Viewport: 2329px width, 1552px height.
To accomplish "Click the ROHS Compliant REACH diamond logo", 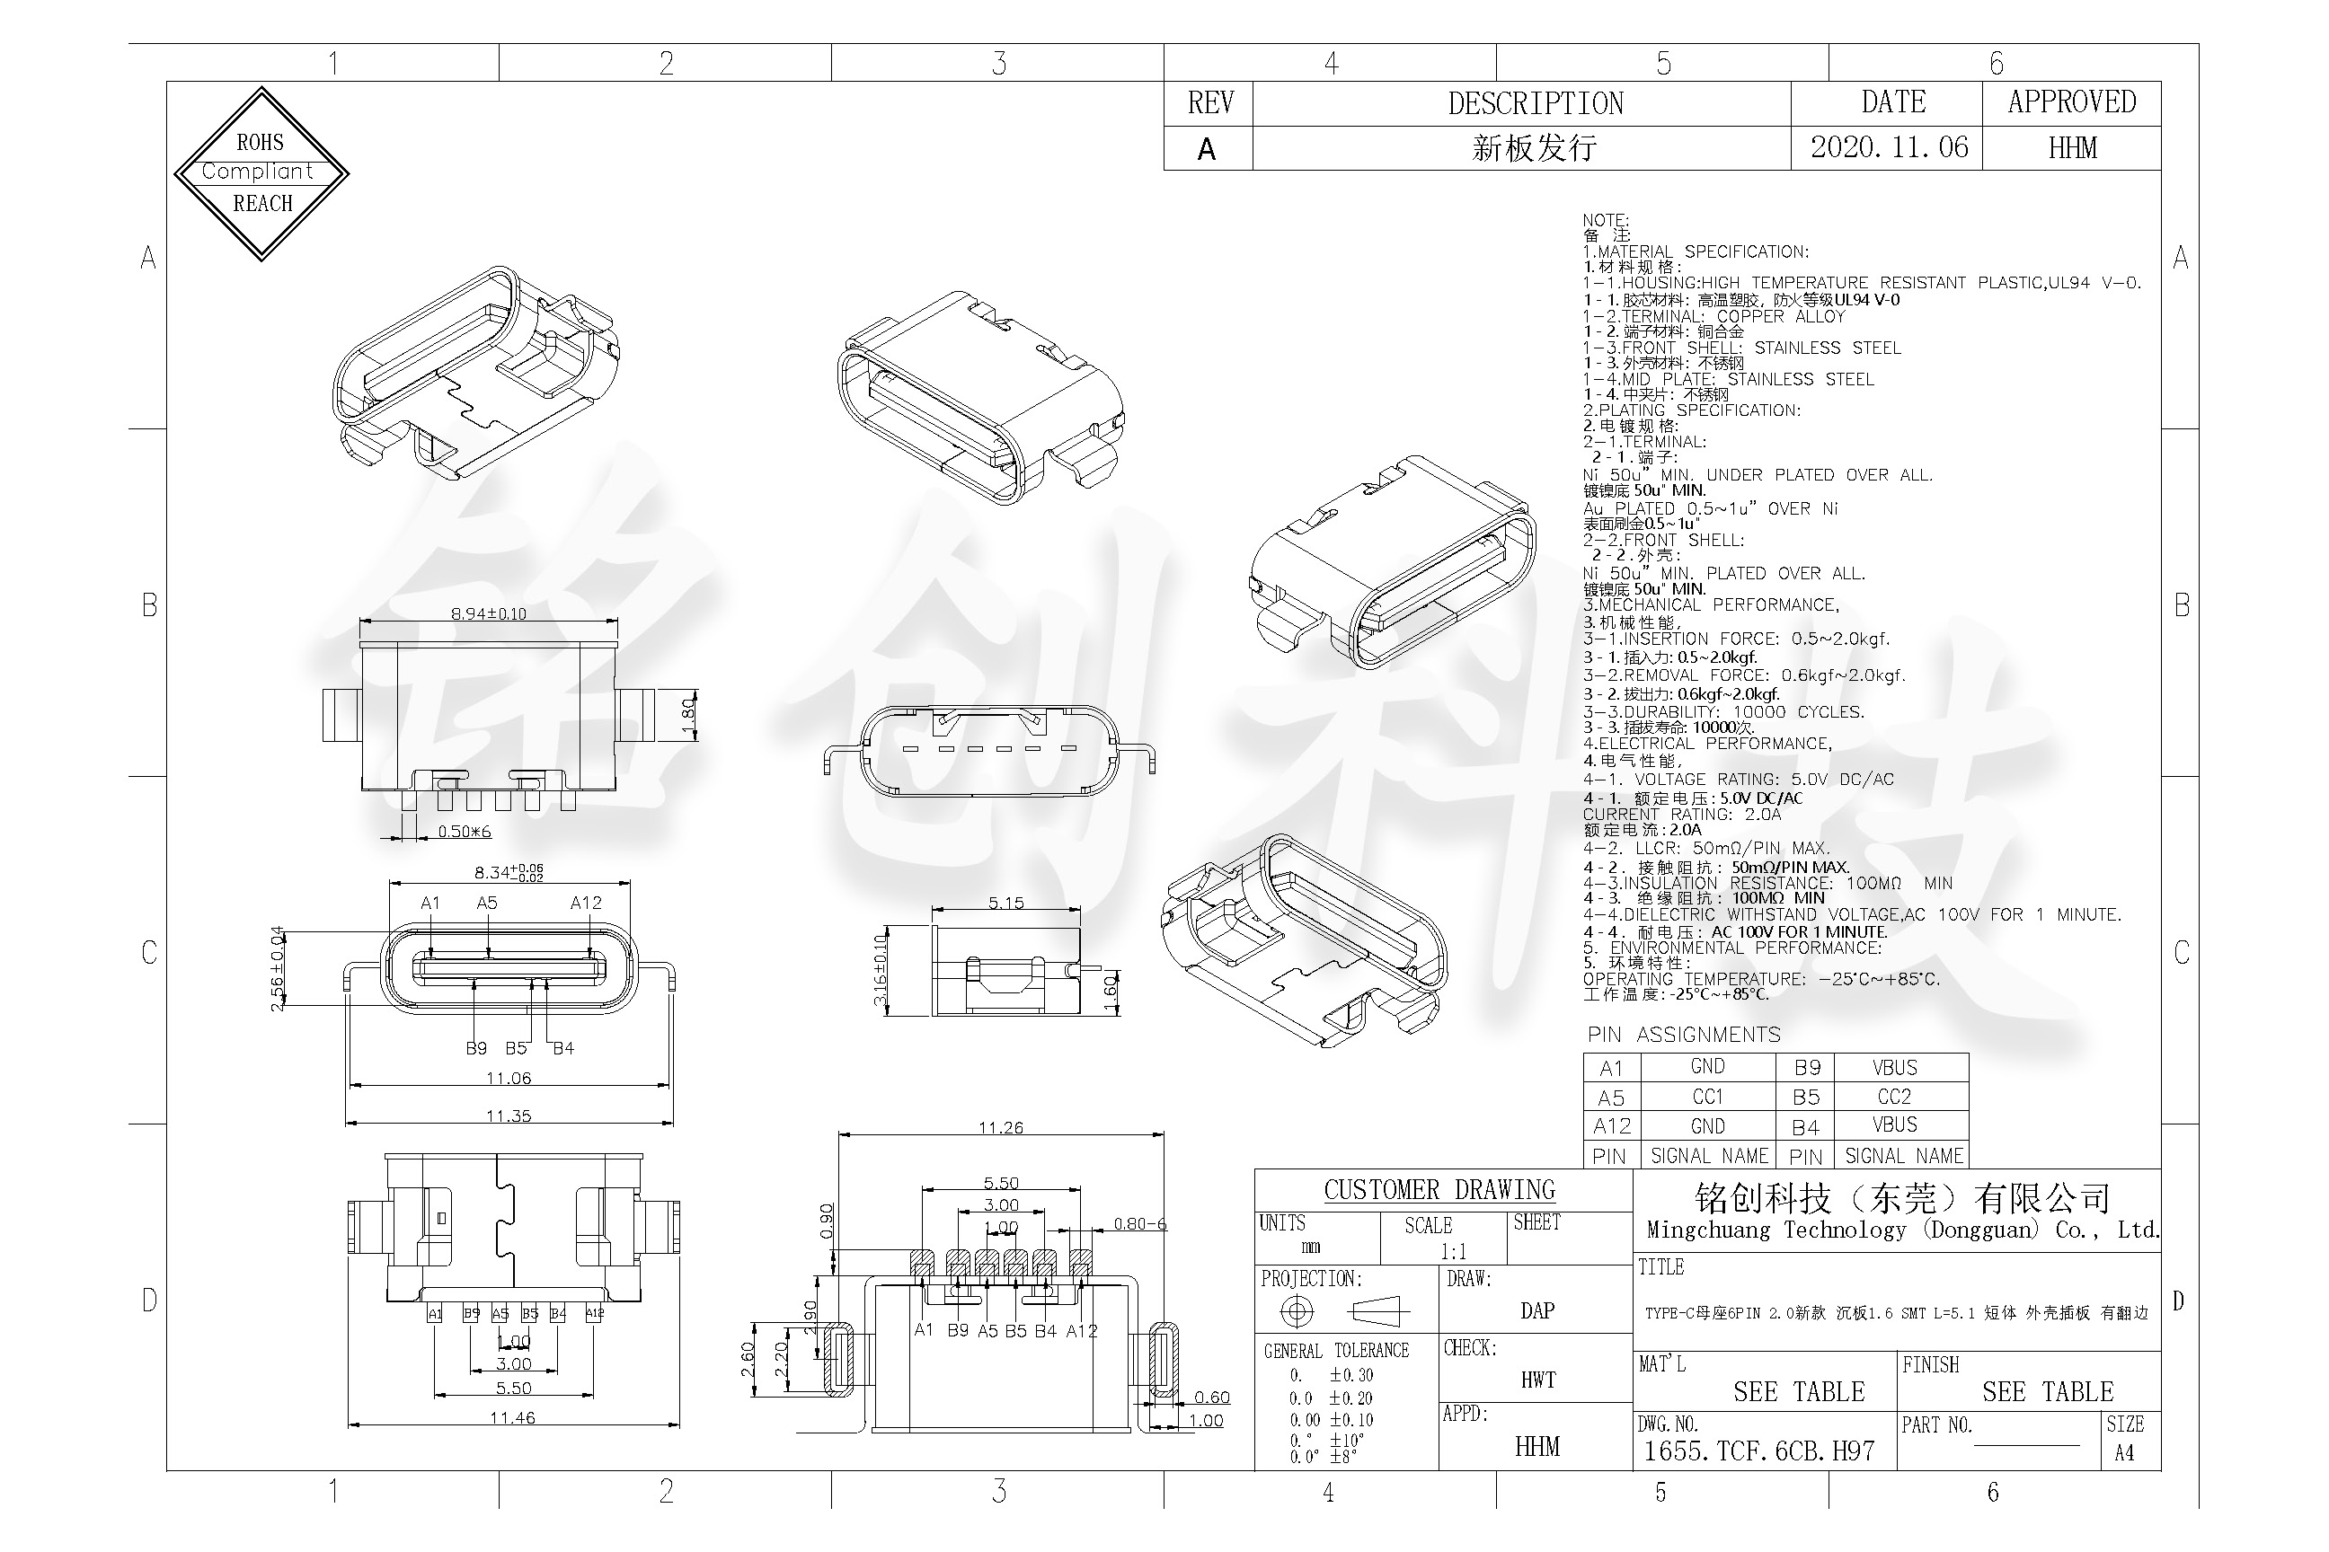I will (x=261, y=173).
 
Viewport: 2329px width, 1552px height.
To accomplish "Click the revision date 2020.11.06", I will (x=1889, y=147).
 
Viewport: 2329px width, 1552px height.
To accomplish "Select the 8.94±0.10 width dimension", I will (x=488, y=613).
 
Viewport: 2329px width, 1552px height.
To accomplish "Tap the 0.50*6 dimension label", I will (x=465, y=832).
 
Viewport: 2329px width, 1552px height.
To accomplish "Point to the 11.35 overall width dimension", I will (x=508, y=1115).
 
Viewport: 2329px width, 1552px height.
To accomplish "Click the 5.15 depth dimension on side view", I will (x=1005, y=903).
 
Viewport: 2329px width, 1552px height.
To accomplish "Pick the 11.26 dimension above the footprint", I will (x=1000, y=1127).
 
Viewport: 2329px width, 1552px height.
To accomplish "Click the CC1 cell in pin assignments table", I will (x=1707, y=1097).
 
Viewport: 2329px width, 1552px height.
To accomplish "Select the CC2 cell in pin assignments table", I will (x=1893, y=1097).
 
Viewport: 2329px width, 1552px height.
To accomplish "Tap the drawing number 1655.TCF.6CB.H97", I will (x=1758, y=1451).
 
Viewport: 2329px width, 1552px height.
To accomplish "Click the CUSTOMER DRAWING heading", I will (x=1439, y=1190).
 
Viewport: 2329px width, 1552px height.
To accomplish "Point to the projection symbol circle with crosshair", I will (x=1297, y=1311).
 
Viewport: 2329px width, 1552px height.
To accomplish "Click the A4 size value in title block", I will (x=2124, y=1453).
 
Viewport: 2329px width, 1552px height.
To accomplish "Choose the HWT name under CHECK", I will (x=1537, y=1380).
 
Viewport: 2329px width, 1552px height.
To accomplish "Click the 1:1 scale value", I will (x=1453, y=1251).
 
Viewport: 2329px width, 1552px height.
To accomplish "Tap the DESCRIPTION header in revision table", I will (x=1535, y=103).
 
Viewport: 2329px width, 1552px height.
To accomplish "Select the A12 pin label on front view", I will (x=585, y=903).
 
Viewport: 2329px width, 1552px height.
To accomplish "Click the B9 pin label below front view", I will (x=476, y=1047).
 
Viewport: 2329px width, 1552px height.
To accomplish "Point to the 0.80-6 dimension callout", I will (x=1139, y=1223).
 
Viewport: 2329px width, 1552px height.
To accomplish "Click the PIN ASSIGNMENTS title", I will (x=1683, y=1035).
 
